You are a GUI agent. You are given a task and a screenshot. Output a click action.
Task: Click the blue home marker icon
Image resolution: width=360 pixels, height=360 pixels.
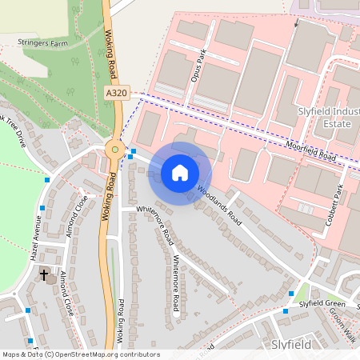click(x=180, y=173)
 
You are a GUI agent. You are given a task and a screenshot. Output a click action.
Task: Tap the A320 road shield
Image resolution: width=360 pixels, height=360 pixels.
click(x=116, y=94)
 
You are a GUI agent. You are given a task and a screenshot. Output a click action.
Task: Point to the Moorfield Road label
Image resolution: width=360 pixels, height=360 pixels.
click(x=311, y=150)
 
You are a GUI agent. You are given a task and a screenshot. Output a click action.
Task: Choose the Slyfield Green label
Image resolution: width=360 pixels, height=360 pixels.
click(x=322, y=304)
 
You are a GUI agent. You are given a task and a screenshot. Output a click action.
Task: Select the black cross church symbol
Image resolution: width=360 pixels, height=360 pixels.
click(x=44, y=275)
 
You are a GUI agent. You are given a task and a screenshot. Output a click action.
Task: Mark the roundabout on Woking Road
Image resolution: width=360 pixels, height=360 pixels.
click(x=114, y=148)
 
